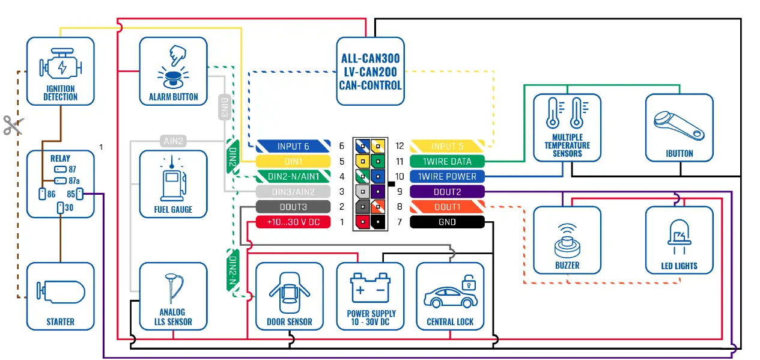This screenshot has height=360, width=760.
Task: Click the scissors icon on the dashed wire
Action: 13,125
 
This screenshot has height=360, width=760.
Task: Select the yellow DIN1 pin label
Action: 293,161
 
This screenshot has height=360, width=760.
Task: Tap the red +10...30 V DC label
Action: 293,222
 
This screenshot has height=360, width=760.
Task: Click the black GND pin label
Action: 447,222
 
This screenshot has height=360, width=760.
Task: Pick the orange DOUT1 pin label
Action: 447,207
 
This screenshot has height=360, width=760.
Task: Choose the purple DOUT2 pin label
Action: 447,192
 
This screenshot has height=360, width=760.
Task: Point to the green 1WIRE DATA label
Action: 447,161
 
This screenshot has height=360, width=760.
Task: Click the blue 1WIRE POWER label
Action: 447,177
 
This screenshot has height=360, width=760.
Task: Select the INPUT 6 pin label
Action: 293,146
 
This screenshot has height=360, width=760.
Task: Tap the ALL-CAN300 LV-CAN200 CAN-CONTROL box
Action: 370,72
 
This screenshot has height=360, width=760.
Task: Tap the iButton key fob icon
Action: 679,123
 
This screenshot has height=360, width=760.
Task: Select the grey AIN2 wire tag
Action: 173,141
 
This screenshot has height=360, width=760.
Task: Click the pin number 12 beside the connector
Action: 400,146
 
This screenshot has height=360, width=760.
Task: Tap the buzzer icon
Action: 567,239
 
